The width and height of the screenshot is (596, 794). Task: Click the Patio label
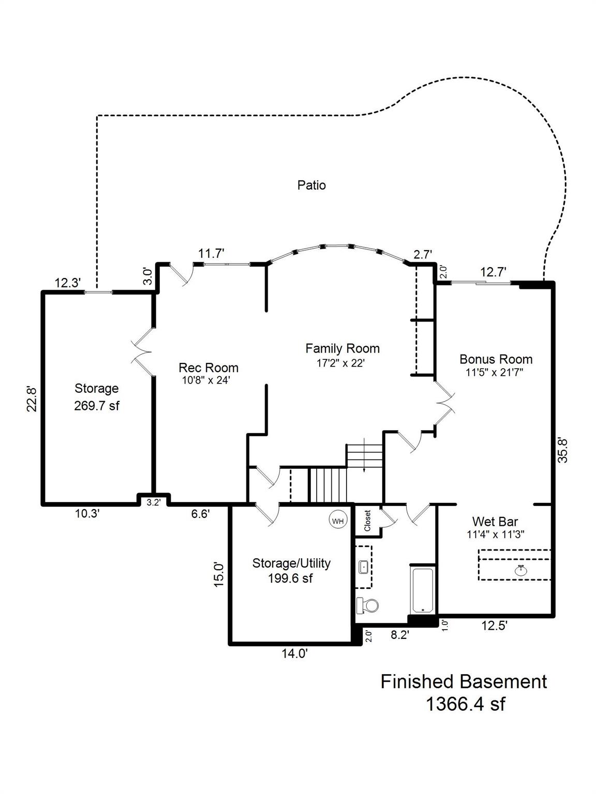click(311, 185)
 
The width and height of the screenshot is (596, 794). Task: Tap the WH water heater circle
click(338, 521)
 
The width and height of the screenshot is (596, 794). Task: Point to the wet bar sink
click(521, 570)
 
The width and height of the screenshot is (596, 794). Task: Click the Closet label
click(367, 521)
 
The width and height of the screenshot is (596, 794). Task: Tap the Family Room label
click(342, 348)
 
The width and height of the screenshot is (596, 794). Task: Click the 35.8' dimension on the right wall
click(563, 450)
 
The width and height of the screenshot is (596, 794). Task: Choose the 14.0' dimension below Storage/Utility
click(294, 654)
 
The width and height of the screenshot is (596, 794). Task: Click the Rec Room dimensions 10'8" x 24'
click(208, 380)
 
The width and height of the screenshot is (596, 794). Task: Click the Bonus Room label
click(496, 359)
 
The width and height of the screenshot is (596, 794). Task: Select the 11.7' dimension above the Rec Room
click(211, 253)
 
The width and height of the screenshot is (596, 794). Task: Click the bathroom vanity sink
click(364, 567)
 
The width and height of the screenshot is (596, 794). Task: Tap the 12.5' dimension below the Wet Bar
click(494, 626)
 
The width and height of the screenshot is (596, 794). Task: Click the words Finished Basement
click(464, 681)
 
